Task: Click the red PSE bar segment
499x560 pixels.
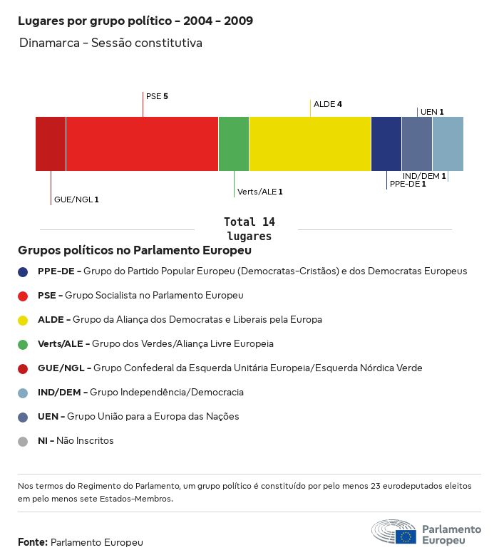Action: tap(142, 144)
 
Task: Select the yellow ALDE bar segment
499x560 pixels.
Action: tap(310, 144)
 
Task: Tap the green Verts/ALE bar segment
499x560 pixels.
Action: tap(234, 144)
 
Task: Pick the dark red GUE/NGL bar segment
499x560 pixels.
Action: tap(51, 144)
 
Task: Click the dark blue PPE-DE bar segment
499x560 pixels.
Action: tap(386, 144)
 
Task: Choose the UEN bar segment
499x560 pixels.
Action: tap(417, 144)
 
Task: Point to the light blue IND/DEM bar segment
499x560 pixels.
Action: tap(448, 144)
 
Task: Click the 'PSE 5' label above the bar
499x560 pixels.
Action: tap(157, 96)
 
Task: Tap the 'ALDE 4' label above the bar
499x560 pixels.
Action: tap(328, 104)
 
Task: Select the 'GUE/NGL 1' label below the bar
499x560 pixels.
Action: tap(76, 199)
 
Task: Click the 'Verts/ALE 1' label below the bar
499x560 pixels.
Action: tap(260, 192)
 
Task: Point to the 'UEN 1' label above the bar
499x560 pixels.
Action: tap(432, 112)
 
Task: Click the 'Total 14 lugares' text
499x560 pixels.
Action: tap(249, 229)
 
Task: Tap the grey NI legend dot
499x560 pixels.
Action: tap(23, 441)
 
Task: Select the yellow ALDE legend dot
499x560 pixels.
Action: tap(23, 320)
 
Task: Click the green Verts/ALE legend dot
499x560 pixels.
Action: tap(23, 344)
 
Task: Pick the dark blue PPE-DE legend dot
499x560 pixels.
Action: tap(23, 271)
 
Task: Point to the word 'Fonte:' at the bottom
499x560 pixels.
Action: tap(33, 542)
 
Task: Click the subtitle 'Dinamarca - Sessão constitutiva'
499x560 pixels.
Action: tap(111, 43)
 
